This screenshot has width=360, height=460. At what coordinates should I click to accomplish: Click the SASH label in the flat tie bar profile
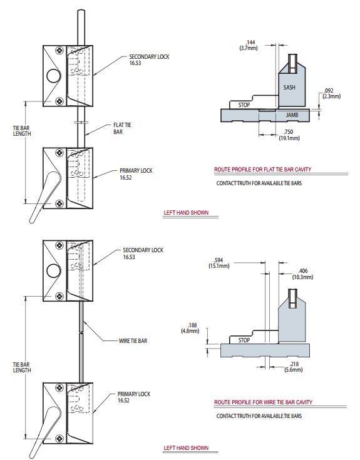289,87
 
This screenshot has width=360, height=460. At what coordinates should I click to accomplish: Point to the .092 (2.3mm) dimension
331,93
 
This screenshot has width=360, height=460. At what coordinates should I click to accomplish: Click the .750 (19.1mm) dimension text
289,134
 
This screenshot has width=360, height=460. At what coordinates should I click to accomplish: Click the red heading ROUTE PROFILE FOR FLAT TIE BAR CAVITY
262,170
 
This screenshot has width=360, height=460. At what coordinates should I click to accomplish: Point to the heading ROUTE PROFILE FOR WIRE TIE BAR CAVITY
263,402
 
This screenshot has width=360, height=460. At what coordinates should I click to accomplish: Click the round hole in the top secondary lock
54,77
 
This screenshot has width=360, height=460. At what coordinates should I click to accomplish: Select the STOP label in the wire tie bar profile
244,340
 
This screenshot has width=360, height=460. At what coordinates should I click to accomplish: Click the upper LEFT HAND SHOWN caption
186,213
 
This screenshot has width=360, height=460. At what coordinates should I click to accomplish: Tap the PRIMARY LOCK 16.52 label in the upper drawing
135,173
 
